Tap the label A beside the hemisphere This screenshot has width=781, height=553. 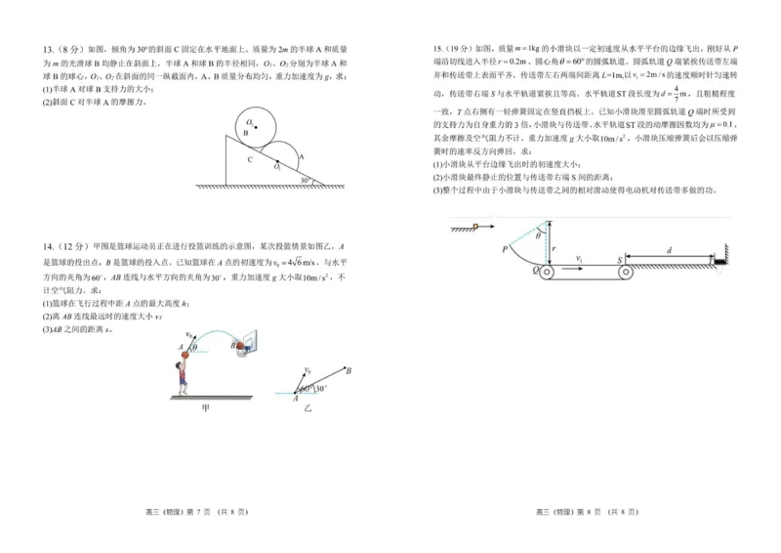coord(301,155)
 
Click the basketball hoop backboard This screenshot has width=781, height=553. coord(242,344)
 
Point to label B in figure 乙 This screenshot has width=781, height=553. coord(349,369)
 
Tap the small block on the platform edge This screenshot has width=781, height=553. coord(475,229)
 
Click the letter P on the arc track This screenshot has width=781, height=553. coord(505,249)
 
